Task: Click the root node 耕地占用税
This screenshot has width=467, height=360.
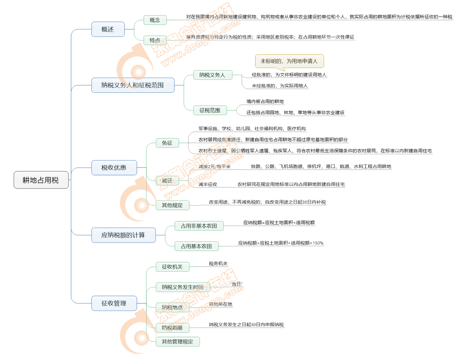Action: pos(41,180)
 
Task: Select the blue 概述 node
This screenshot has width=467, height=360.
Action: pos(108,29)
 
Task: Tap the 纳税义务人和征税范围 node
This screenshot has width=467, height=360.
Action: pos(133,85)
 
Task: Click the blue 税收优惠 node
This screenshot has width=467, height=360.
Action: pos(114,167)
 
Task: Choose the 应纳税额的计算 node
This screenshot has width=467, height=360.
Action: pos(123,235)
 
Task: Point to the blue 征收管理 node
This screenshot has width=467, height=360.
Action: pos(114,303)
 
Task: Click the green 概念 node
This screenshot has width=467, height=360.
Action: pos(155,20)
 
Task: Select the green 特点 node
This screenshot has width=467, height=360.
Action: pos(155,40)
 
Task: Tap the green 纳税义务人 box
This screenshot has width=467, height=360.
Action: pos(212,75)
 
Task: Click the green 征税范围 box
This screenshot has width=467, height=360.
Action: pos(210,110)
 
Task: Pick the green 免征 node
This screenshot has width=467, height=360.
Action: pos(167,143)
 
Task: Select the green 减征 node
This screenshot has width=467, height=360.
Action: pos(167,181)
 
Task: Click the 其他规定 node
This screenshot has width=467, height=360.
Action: pos(172,205)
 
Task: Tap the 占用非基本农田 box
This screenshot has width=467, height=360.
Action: pos(199,226)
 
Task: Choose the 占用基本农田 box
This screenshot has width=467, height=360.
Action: pos(197,246)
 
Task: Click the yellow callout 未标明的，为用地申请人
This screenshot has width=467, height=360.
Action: pos(289,61)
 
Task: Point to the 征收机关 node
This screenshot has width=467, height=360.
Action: pos(172,267)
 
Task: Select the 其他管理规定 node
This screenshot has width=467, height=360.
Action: pos(177,342)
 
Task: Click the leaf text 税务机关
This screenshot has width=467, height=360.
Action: pos(218,264)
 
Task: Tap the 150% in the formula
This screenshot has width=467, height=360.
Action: pos(318,243)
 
